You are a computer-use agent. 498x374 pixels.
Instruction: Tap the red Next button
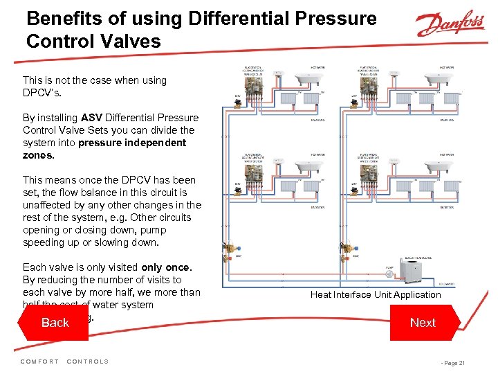(x=423, y=323)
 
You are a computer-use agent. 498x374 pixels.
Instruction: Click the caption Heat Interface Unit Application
(x=376, y=294)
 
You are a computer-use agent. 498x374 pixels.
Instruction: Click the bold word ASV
(x=92, y=118)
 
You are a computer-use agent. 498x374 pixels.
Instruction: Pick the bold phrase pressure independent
(x=132, y=143)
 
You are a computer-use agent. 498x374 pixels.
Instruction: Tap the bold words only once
(x=166, y=267)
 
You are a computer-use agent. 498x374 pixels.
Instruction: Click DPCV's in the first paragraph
(x=41, y=93)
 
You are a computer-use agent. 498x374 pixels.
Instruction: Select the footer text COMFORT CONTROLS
(x=65, y=362)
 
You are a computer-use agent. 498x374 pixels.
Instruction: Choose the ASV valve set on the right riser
(x=344, y=249)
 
